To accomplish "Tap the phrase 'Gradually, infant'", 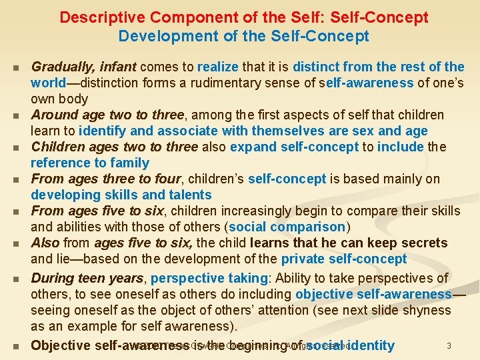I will (83, 67).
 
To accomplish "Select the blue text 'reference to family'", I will (90, 163).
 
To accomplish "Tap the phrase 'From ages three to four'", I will (105, 179).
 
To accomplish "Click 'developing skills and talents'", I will (121, 195).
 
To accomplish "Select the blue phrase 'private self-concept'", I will (343, 259).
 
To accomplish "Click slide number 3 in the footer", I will (449, 345).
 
